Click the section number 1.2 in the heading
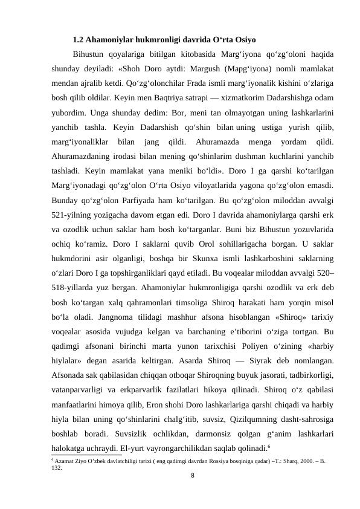click(x=78, y=42)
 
